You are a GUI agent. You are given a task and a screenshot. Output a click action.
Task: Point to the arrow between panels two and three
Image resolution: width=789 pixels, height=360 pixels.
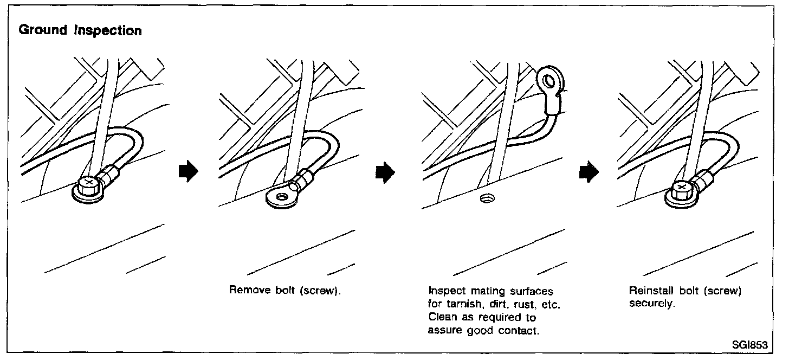[384, 172]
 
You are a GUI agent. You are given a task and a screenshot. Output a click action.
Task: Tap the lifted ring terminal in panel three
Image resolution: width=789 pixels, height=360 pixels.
[549, 83]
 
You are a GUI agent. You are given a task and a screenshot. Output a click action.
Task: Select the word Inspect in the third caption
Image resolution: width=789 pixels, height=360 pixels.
[443, 291]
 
